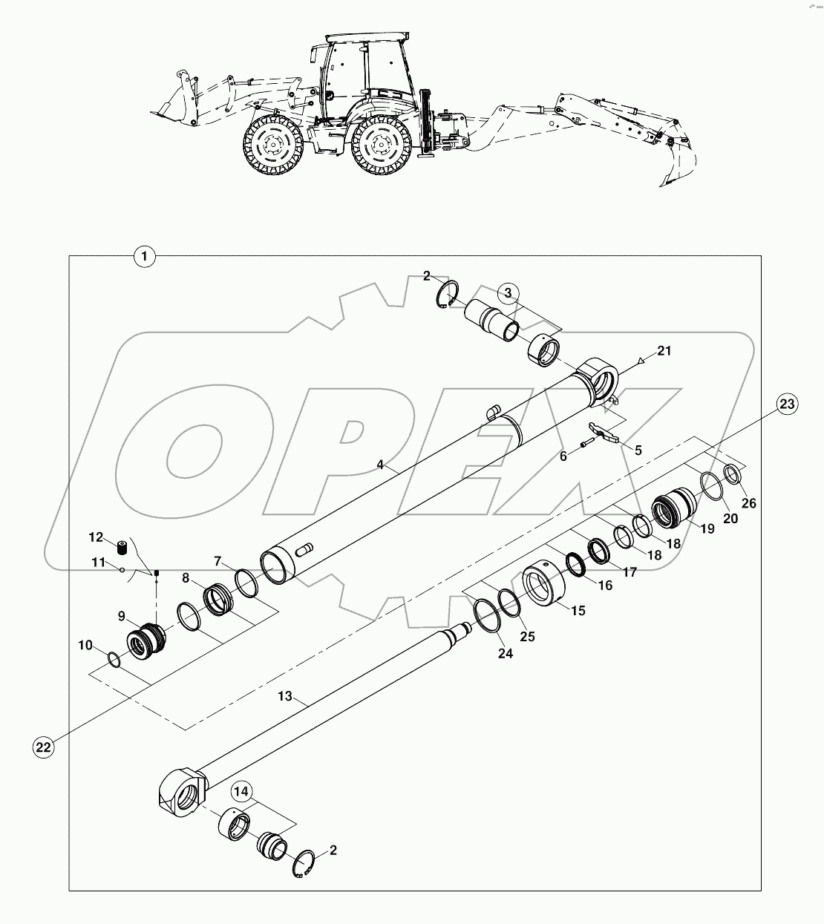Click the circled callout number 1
click(x=144, y=256)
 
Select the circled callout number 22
click(x=44, y=747)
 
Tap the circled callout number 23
click(x=788, y=404)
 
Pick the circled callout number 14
click(x=241, y=792)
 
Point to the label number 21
click(x=664, y=351)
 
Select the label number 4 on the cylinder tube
click(x=379, y=465)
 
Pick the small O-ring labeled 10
click(x=111, y=658)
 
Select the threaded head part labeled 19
click(x=674, y=508)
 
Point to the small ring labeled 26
click(x=732, y=473)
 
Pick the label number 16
click(x=605, y=586)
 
